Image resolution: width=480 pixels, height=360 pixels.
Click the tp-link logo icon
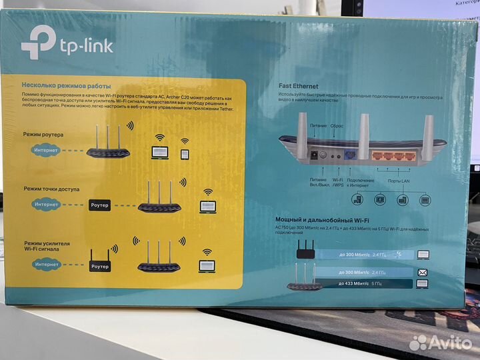(38, 42)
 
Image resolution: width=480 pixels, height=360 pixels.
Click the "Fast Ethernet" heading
(298, 86)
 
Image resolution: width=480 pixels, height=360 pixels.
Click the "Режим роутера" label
(43, 135)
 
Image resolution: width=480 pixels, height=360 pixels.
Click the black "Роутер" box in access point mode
(99, 205)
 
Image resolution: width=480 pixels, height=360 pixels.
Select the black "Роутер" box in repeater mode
(99, 266)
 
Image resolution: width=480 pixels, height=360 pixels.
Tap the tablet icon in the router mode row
(185, 153)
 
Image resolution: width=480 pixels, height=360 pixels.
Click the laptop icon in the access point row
(207, 207)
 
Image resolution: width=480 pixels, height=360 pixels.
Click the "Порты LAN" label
(399, 181)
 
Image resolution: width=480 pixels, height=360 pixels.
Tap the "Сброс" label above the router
(337, 125)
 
